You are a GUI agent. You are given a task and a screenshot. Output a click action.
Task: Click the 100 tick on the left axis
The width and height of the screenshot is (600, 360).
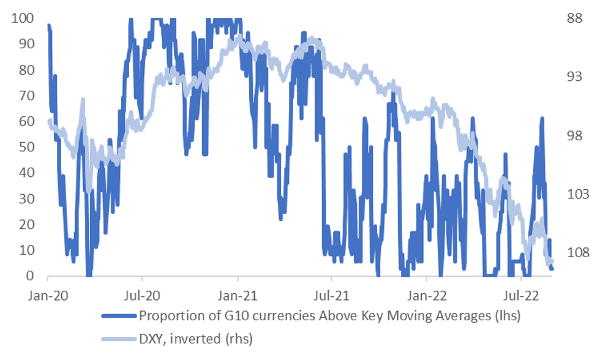click(22, 18)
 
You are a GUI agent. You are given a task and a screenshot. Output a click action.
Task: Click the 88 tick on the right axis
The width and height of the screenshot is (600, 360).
click(574, 18)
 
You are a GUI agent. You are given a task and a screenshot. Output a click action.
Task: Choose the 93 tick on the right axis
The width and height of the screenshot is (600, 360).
click(574, 77)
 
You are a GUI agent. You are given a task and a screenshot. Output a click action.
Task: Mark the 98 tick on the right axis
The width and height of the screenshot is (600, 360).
click(574, 136)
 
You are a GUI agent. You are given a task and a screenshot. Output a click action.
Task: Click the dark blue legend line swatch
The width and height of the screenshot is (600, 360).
click(119, 317)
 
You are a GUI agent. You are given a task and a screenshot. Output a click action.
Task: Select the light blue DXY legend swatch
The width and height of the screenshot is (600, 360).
click(119, 338)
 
